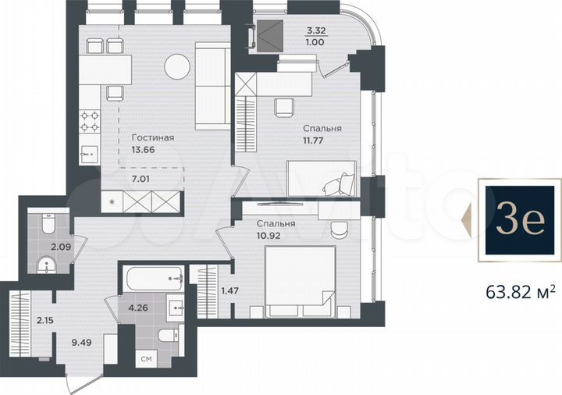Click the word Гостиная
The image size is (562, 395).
(153, 137)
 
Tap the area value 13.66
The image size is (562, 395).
(143, 150)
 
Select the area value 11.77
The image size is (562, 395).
(313, 141)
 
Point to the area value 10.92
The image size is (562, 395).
(269, 236)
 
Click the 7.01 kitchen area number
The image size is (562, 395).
(140, 179)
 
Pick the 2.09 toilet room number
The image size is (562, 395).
(61, 247)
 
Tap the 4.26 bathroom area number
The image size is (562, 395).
(138, 308)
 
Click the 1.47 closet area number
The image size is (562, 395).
(229, 290)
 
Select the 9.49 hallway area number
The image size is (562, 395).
(82, 343)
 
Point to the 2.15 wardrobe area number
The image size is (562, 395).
(44, 320)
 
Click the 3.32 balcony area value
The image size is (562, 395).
(316, 30)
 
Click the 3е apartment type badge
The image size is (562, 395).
(520, 219)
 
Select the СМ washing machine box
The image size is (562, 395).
(146, 358)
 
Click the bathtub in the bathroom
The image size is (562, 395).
(154, 279)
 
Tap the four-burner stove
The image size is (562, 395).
(90, 121)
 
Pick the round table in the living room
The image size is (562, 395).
(177, 66)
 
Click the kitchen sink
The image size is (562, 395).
(89, 155)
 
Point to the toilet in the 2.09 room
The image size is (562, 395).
(48, 223)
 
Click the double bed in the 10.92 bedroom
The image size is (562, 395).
(300, 281)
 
